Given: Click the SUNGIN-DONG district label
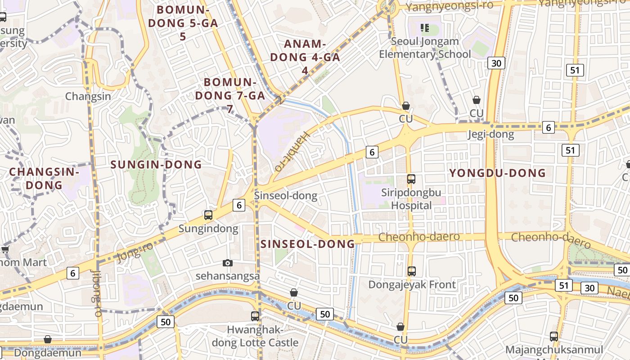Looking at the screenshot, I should (156, 165).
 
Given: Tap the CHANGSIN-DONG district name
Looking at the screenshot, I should (44, 178).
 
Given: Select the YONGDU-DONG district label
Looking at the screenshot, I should (497, 173).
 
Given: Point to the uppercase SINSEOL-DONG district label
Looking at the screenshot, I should (308, 244).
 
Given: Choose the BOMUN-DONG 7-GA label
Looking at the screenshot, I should (230, 95).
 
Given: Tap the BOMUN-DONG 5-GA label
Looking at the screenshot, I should (183, 23).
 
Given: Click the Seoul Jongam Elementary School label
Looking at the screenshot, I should (425, 48).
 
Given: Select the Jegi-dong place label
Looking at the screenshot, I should (490, 134).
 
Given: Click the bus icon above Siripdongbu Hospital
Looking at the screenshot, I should (411, 179).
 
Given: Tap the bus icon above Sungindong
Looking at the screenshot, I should (208, 215).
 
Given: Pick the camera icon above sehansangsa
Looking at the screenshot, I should (228, 263).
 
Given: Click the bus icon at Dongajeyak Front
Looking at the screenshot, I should (412, 271).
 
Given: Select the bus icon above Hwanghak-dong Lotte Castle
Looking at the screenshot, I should (255, 316).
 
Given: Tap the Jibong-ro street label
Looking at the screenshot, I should (97, 293).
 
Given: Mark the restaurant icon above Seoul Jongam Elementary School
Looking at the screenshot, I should (424, 28).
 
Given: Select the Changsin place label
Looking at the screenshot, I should (88, 96).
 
